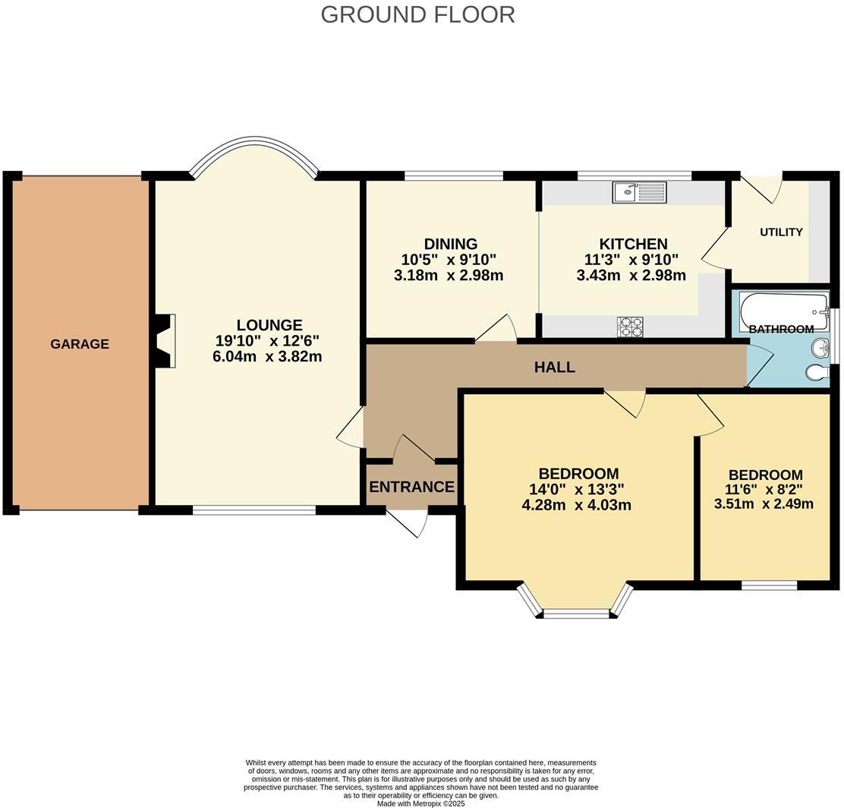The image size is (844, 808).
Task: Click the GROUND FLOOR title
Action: [417, 14]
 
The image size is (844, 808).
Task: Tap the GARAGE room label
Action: [80, 344]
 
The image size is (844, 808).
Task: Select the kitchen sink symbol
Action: [639, 193]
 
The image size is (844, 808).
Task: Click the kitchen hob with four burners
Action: [630, 327]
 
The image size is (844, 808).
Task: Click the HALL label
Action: [554, 368]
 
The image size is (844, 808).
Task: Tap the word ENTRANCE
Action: [411, 488]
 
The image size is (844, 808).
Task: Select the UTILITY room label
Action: [781, 232]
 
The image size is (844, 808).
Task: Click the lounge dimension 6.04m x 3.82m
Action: [267, 356]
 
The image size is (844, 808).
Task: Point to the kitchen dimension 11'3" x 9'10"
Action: [632, 260]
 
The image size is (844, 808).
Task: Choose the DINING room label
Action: [451, 244]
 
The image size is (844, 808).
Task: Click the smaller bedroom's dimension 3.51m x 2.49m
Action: [764, 503]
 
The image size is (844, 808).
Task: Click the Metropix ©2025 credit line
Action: [420, 803]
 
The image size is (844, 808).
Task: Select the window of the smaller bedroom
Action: [769, 585]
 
